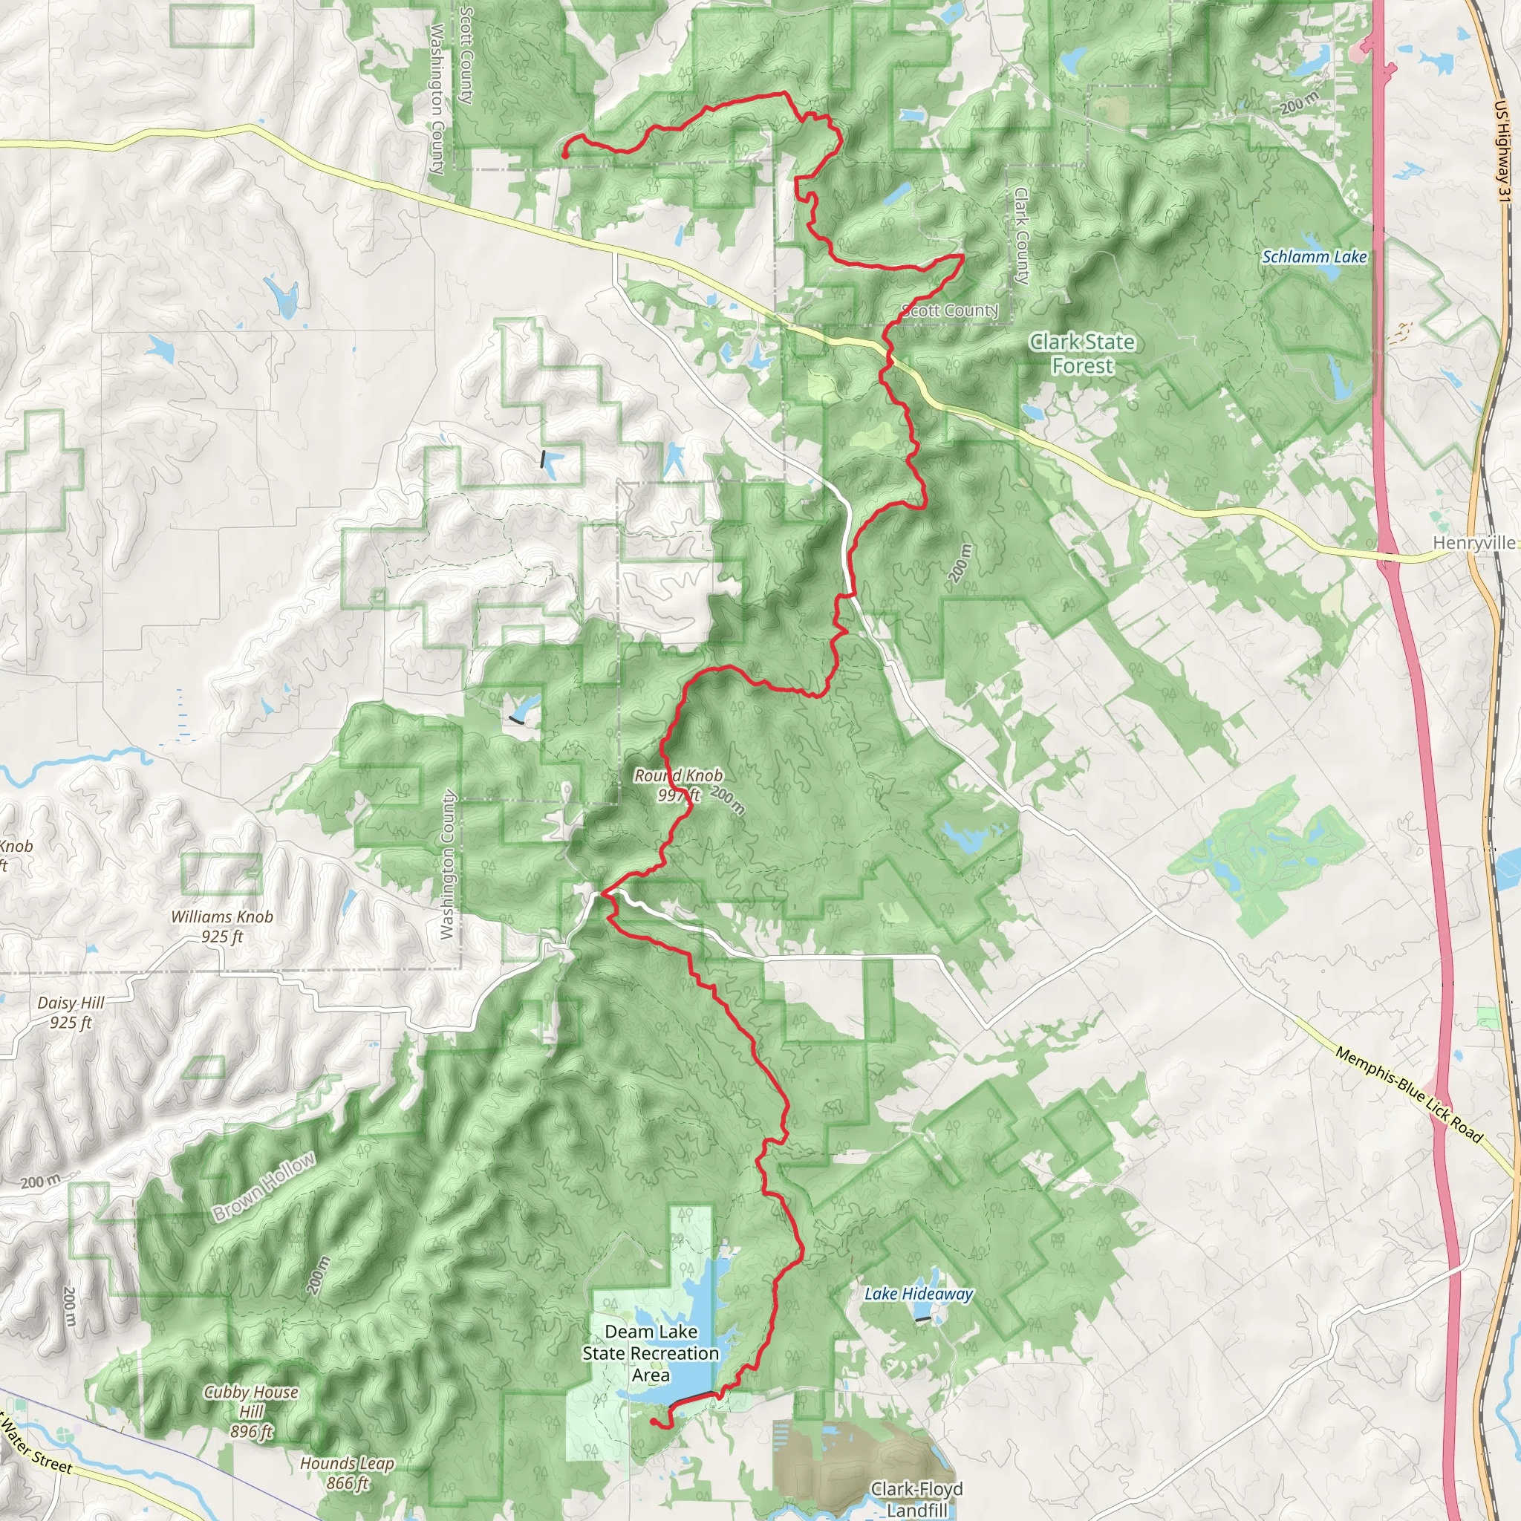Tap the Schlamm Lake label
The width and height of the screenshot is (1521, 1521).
(1314, 257)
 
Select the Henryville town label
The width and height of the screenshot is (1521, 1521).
(1473, 542)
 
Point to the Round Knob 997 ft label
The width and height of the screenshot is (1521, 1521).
(679, 785)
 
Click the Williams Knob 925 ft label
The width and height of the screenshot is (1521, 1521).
(222, 926)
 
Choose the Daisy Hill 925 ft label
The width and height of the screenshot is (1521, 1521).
(71, 1012)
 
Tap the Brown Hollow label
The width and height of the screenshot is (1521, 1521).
(264, 1186)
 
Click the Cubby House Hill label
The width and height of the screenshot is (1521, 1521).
(251, 1411)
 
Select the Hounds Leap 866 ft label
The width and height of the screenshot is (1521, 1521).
(347, 1473)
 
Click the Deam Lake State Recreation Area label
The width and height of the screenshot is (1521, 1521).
(651, 1352)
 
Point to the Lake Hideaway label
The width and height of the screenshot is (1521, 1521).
(919, 1294)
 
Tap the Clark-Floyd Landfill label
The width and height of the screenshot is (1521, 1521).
(916, 1499)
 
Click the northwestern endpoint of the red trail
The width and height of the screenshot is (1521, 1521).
(565, 155)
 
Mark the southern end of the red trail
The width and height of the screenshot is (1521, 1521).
(654, 1421)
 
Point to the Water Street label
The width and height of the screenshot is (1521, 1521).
(37, 1445)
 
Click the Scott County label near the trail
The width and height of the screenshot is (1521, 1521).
(949, 310)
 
